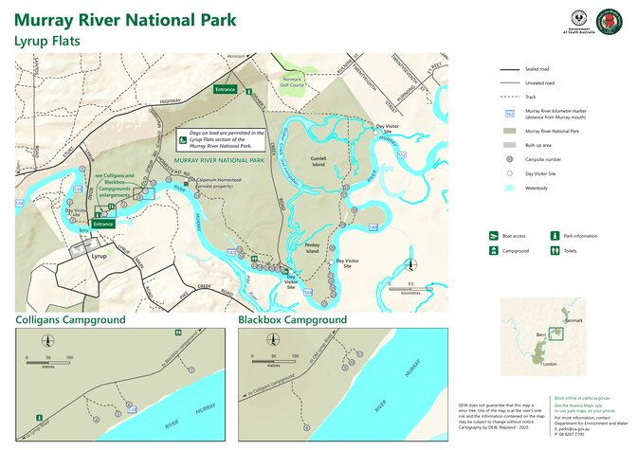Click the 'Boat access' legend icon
(493, 235)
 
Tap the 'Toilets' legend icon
(555, 251)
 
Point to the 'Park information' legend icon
(555, 235)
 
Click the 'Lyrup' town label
(98, 256)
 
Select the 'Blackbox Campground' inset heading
(292, 320)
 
